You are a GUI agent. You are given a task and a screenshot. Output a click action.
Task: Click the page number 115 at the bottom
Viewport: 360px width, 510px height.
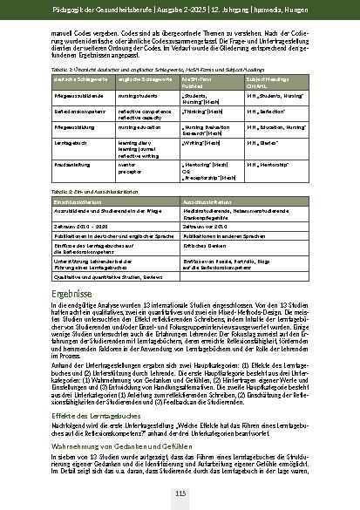tap(180, 494)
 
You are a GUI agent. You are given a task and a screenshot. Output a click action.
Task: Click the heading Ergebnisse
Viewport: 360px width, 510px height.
tap(74, 294)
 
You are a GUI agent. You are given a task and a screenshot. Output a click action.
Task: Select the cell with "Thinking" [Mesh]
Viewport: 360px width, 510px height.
tap(204, 112)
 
